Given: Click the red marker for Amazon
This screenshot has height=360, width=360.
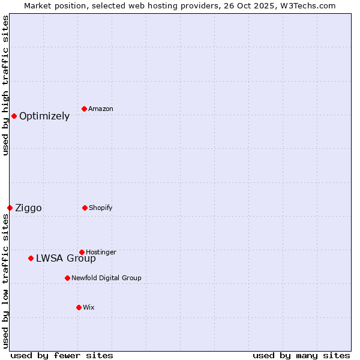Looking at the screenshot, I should tap(85, 109).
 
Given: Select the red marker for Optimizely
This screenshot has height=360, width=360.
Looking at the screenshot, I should tap(14, 116).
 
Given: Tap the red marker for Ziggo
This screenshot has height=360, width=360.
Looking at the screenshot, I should tap(10, 208).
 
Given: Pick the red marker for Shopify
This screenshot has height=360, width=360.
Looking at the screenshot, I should tap(85, 208).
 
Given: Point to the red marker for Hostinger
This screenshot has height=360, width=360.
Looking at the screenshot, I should tap(82, 252).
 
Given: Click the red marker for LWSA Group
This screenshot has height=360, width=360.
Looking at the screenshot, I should tap(31, 258).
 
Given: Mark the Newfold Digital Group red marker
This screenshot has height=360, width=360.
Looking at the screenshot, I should tap(67, 278).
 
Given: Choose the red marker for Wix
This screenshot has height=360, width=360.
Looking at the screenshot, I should tap(79, 307).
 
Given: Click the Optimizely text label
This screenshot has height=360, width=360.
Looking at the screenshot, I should tap(44, 116).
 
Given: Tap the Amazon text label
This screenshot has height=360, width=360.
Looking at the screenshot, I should tap(101, 109).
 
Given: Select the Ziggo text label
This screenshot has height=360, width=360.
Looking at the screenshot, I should tap(28, 208).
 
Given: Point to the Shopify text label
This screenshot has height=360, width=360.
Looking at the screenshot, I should tap(101, 208).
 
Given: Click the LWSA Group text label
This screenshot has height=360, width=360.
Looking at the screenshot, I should tap(66, 259).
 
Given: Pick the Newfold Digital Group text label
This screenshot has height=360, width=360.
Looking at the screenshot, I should tap(107, 278).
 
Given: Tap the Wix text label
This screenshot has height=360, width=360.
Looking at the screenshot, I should tap(89, 308).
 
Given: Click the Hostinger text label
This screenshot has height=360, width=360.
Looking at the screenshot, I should tap(101, 253).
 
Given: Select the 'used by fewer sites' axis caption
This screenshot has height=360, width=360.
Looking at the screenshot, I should tap(62, 356).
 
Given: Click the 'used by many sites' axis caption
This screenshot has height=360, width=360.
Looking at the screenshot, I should tap(301, 356).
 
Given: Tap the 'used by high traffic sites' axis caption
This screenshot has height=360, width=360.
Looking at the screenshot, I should tap(5, 85).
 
